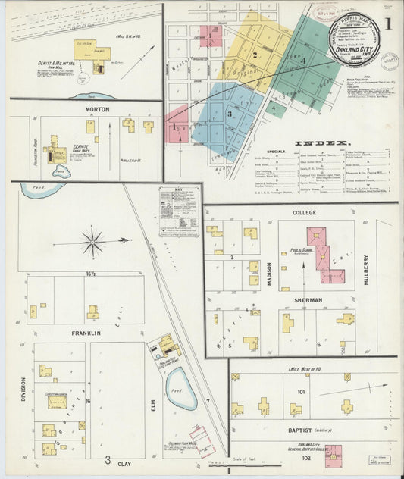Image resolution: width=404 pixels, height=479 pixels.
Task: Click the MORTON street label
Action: (97, 109)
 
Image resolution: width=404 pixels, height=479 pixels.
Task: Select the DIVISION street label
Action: (23, 387)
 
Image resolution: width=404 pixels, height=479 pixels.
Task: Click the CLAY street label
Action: (124, 462)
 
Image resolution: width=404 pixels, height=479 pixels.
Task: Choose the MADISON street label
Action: (269, 273)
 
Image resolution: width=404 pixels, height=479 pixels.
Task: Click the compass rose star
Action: (93, 243)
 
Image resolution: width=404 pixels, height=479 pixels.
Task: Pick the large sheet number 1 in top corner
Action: (388, 23)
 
